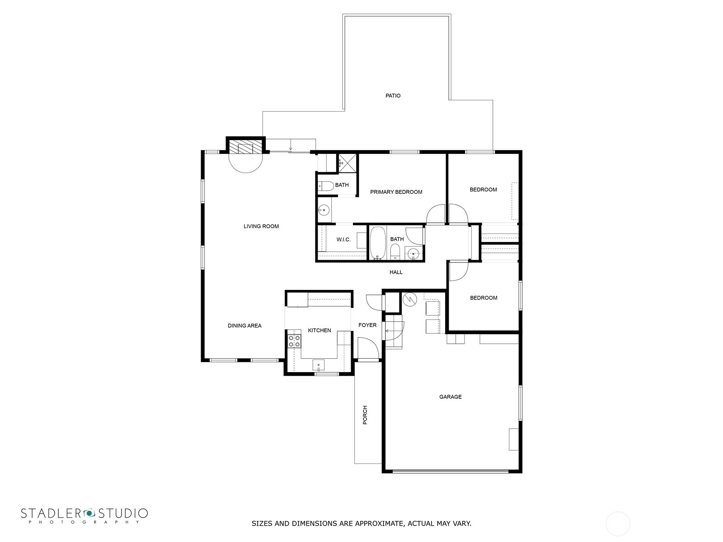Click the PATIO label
393,96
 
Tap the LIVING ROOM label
261,226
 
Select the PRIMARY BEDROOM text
396,192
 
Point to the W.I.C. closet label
343,239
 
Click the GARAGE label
450,397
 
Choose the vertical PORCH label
365,415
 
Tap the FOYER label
367,325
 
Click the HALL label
396,272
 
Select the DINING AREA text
245,326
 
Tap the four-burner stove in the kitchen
294,341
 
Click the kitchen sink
318,365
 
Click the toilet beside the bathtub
394,253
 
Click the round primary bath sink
324,209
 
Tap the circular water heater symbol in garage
410,299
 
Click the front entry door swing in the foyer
368,348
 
